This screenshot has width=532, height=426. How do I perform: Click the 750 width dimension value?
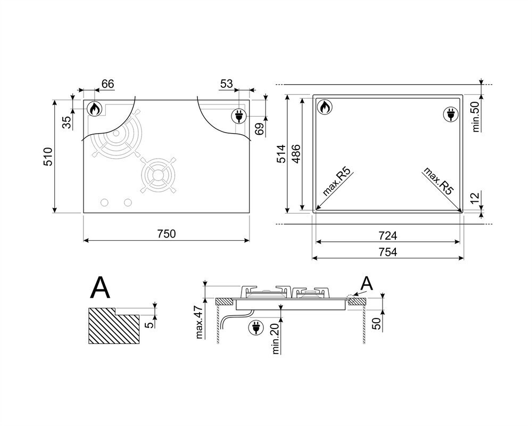coord(166,234)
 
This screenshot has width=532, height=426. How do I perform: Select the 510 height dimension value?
coord(48,156)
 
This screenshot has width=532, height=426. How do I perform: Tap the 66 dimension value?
coord(107,84)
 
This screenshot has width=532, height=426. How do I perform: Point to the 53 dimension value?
coord(227,84)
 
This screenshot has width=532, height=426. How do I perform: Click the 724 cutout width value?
coord(387,235)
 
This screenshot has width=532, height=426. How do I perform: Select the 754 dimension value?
coord(387,252)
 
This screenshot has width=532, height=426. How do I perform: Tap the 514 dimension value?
coord(281,154)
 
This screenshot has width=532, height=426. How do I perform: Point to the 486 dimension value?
coord(296,154)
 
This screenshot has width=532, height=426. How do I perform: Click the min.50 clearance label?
coord(476,117)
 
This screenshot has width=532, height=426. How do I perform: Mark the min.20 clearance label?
coord(275,338)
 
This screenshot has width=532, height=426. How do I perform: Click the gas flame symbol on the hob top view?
coord(94,109)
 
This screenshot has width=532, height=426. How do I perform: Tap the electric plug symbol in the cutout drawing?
coord(451,114)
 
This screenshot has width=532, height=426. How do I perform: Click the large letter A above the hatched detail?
coord(101,288)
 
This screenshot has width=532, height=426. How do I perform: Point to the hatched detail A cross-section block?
coord(114,326)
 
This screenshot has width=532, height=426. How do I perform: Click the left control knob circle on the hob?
coord(105,202)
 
